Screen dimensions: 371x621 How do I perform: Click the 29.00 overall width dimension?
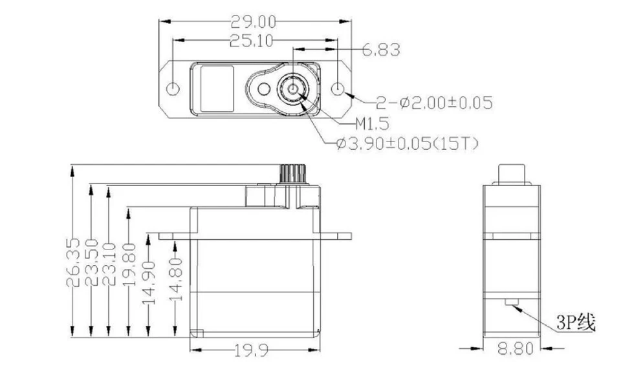(x=254, y=22)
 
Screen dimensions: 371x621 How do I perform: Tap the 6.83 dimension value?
(x=380, y=50)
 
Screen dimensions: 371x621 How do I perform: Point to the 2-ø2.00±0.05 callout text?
(x=434, y=102)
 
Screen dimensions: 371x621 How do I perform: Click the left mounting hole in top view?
(x=173, y=89)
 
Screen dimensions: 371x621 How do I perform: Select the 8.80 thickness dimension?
(x=515, y=349)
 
